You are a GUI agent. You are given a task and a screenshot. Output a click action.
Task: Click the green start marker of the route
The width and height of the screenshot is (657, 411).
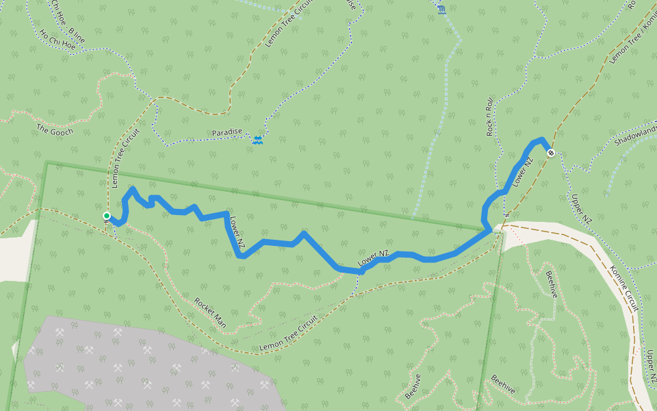pyautogui.click(x=107, y=216)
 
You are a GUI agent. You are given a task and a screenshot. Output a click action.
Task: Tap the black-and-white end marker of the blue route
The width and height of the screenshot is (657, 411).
pyautogui.click(x=550, y=153)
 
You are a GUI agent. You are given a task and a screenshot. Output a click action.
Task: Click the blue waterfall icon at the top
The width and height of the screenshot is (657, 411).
pyautogui.click(x=441, y=9)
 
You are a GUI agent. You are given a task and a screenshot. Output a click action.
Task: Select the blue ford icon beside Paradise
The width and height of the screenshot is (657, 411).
pyautogui.click(x=257, y=141)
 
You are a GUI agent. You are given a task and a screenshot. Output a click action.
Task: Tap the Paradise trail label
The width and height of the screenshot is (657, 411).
pyautogui.click(x=227, y=132)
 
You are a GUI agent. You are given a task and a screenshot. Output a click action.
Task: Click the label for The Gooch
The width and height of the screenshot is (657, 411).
pyautogui.click(x=54, y=130)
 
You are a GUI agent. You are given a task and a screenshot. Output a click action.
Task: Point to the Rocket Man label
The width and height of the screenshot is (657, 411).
pyautogui.click(x=210, y=312)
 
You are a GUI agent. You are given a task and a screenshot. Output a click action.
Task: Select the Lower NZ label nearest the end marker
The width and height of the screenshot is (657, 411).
pyautogui.click(x=522, y=172)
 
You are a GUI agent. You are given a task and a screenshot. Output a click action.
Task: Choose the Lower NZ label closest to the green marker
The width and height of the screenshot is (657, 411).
pyautogui.click(x=237, y=232)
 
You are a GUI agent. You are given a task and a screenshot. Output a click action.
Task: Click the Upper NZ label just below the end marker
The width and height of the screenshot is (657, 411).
pyautogui.click(x=580, y=209)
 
